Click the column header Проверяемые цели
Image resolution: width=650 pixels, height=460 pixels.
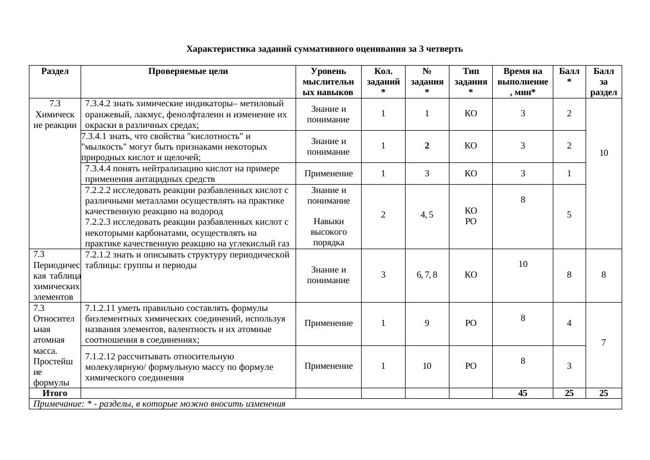(x=188, y=71)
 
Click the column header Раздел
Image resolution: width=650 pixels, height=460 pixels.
(x=54, y=71)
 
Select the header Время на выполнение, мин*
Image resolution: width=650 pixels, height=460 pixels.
(x=522, y=82)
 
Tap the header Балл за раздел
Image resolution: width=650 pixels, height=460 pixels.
(x=603, y=82)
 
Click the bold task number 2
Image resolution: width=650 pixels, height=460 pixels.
(x=427, y=146)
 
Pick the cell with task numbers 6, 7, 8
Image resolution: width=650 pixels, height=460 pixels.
(x=427, y=275)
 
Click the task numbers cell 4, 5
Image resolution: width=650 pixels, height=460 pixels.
(x=427, y=215)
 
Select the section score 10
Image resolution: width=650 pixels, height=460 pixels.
(x=603, y=152)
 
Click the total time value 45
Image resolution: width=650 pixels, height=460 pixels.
(x=522, y=393)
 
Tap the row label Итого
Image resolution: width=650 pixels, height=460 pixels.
(x=54, y=393)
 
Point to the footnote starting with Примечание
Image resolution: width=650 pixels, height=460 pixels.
(x=159, y=404)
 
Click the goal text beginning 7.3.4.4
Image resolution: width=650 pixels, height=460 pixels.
(x=187, y=174)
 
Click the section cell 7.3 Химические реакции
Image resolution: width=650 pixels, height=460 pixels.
(x=54, y=114)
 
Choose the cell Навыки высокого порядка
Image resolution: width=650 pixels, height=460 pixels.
(x=328, y=231)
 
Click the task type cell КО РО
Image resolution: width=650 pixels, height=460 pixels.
(x=470, y=215)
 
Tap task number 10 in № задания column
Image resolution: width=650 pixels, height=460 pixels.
(x=427, y=366)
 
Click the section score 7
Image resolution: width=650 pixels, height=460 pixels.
(x=603, y=343)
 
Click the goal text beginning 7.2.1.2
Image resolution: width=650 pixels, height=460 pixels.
(x=187, y=260)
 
